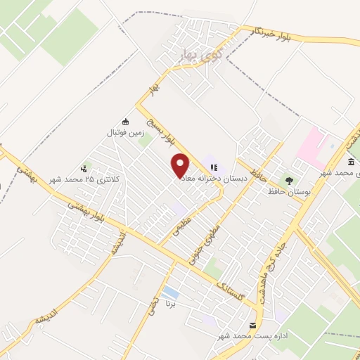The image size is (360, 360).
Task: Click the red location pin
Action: [181, 165]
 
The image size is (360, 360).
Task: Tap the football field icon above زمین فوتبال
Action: [126, 122]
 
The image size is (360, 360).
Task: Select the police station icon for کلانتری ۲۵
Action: [84, 168]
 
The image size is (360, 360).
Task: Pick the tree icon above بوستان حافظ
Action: [288, 180]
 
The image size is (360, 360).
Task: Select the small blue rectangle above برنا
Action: [169, 292]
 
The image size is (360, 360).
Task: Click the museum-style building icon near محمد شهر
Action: [350, 162]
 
